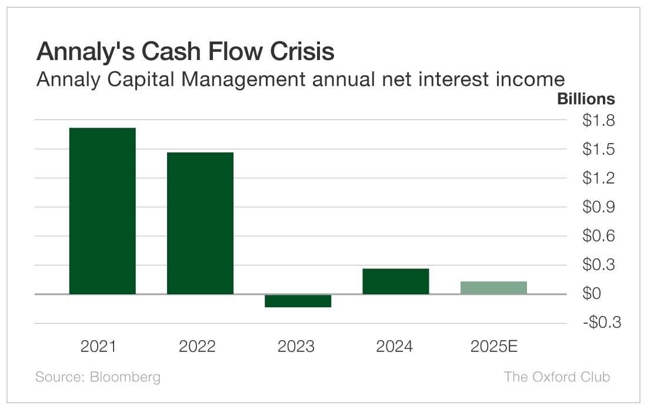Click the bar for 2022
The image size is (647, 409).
(x=200, y=223)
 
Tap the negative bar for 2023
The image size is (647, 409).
(x=298, y=301)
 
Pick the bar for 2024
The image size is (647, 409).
(x=395, y=281)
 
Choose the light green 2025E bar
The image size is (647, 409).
(x=493, y=288)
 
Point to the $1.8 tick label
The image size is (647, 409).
(x=598, y=121)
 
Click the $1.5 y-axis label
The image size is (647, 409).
(x=598, y=149)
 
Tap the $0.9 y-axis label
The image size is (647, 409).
(x=598, y=207)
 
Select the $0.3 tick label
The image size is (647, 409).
(x=598, y=265)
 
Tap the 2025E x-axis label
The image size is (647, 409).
(x=493, y=346)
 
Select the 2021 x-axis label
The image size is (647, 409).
(x=98, y=346)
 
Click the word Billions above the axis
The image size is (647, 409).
(x=585, y=99)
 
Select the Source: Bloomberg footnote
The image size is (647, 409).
(x=98, y=377)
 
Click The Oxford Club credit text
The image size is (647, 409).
(x=556, y=377)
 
